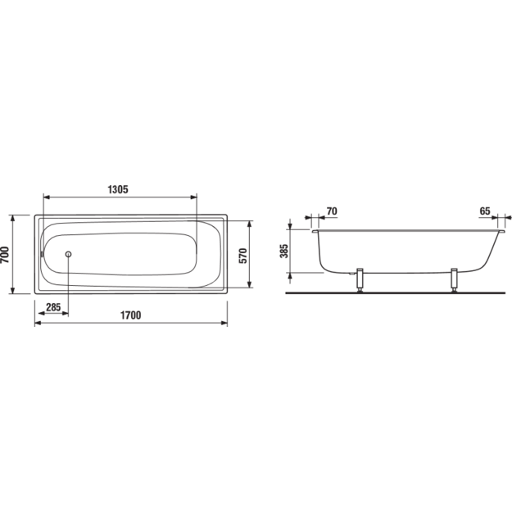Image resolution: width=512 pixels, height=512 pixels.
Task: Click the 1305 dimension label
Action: pos(118,189)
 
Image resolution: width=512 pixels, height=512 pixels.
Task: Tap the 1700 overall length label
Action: pos(130,315)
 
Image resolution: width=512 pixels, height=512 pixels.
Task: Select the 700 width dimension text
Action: pos(5,255)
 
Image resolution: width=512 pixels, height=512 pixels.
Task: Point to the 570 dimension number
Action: pos(243,256)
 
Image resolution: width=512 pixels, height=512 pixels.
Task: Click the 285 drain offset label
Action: pos(53,307)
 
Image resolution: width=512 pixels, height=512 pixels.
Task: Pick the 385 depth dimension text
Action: pos(284,251)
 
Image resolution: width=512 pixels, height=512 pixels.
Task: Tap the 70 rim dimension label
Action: pos(332,211)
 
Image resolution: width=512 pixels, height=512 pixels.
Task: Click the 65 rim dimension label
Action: pos(485,211)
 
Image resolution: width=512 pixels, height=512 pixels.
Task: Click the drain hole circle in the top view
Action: pos(68,254)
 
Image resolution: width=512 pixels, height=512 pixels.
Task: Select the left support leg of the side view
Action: pos(360,280)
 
